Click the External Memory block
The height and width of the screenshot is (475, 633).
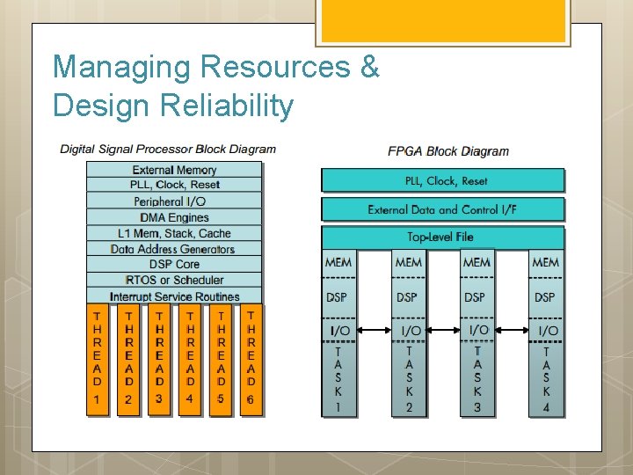pos(174,170)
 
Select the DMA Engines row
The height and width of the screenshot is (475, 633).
pos(174,217)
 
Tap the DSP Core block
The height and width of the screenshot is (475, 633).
pos(174,264)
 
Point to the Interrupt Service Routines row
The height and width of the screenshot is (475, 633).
pos(174,296)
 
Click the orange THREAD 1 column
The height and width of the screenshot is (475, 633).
pos(98,361)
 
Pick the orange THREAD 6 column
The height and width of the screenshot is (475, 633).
pos(251,361)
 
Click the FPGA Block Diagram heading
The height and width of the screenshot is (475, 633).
pos(448,150)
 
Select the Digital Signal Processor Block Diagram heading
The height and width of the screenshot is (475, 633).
pos(168,149)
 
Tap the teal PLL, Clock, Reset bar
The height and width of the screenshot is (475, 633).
pos(442,180)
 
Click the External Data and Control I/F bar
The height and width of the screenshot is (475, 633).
pos(442,209)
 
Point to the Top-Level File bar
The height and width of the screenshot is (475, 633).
pos(442,237)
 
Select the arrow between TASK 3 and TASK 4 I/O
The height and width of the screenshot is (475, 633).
pos(510,331)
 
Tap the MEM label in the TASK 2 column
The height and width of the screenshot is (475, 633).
pos(408,262)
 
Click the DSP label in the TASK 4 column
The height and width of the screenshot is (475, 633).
pos(545,297)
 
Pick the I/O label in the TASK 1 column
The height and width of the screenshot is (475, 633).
pos(338,331)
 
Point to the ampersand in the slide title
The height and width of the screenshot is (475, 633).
pos(369,67)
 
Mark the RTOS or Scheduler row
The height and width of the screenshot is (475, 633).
pos(174,280)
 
